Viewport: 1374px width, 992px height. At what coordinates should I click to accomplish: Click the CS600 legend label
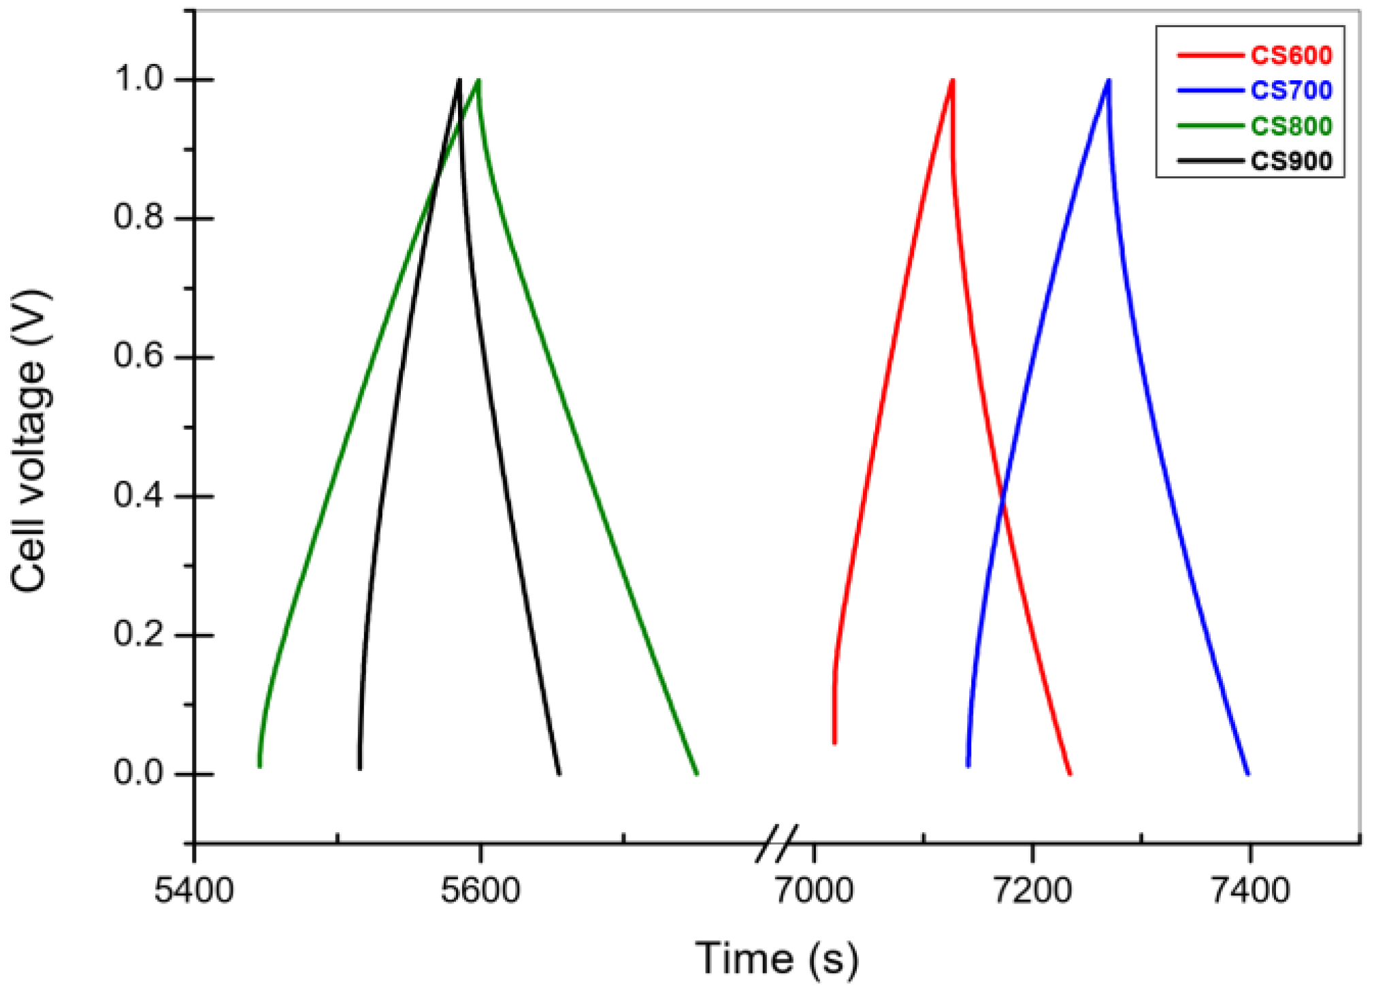1290,55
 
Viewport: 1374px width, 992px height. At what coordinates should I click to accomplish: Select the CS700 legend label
1290,90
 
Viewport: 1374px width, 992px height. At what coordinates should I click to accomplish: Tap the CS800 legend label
1290,126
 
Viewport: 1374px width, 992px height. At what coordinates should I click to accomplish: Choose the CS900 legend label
1290,161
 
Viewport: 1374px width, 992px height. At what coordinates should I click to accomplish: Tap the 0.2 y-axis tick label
140,634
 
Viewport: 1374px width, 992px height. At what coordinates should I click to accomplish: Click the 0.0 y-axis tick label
140,773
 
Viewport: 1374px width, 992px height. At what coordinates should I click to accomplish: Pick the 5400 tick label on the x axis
194,891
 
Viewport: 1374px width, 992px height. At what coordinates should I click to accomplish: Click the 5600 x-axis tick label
480,891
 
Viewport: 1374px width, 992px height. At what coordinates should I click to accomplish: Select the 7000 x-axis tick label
814,891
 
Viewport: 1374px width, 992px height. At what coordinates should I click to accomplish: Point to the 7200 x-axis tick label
1032,891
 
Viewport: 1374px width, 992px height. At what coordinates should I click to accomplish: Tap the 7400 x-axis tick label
1250,891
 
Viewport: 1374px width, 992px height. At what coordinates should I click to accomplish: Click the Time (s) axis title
776,959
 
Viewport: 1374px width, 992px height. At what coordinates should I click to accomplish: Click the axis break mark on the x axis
776,844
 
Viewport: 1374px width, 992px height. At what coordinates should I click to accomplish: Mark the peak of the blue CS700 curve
1109,80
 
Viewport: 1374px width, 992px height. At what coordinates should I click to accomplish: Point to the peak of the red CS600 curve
952,80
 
